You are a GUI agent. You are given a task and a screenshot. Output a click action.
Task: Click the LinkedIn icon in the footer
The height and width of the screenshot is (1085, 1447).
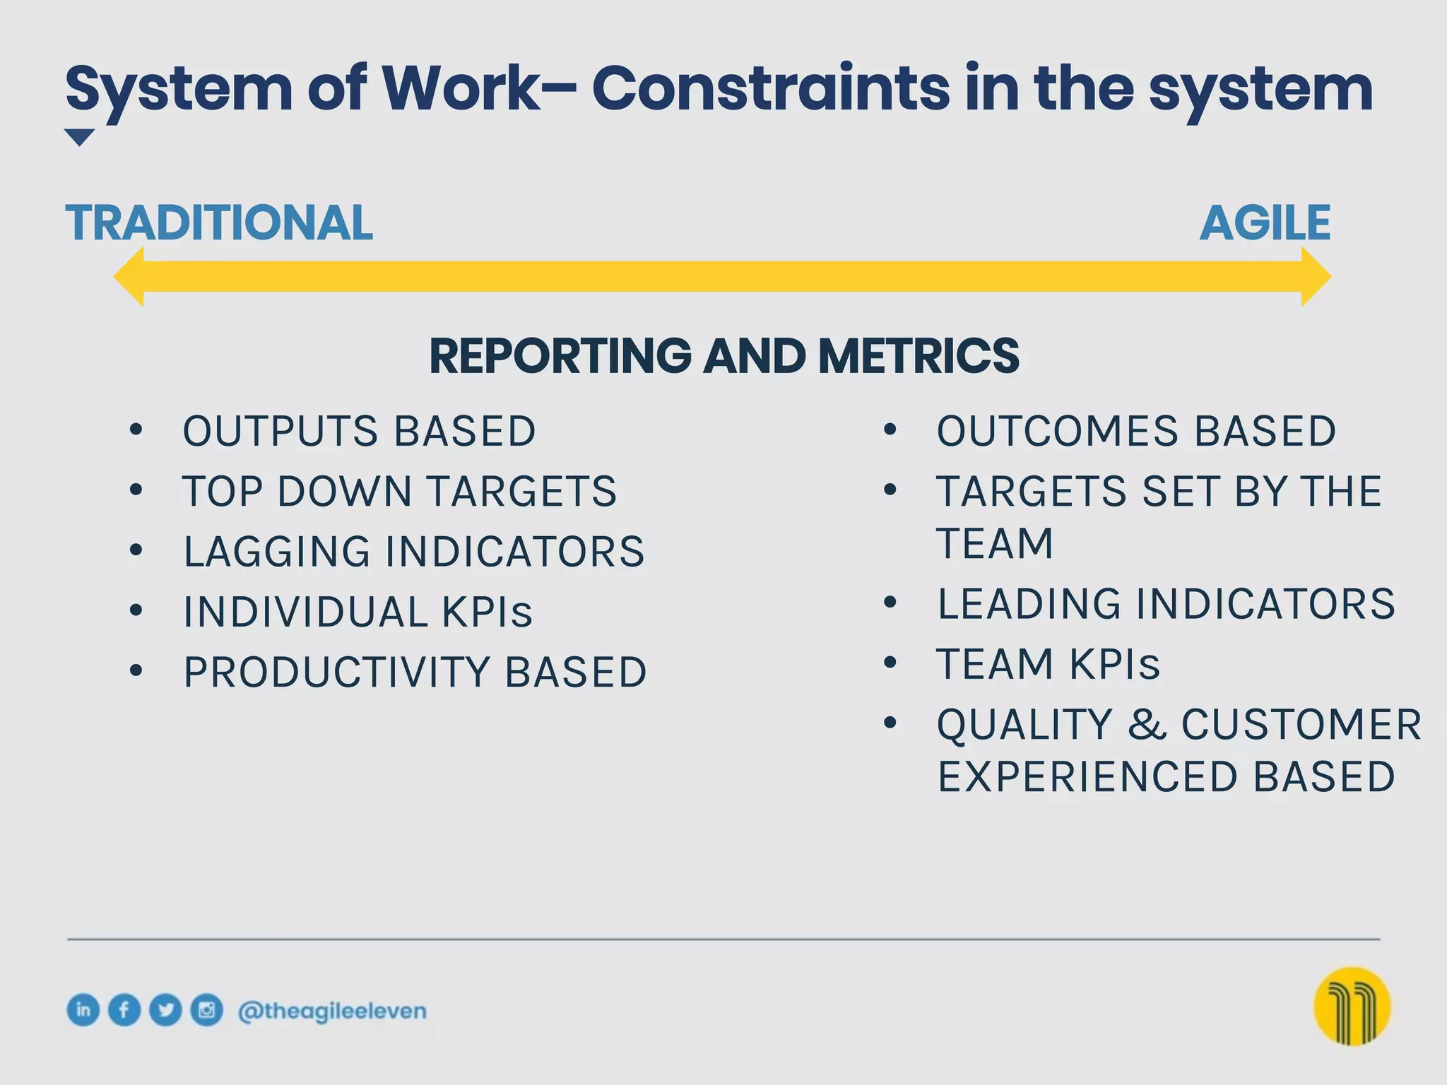coord(83,1009)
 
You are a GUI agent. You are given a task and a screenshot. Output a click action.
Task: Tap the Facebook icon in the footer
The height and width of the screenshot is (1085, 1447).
coord(124,1009)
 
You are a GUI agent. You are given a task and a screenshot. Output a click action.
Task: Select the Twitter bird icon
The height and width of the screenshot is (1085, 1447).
coord(165,1009)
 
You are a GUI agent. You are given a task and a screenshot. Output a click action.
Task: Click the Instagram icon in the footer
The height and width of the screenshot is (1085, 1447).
coord(206,1009)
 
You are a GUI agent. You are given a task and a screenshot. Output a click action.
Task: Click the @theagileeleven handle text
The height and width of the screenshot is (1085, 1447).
coord(332,1011)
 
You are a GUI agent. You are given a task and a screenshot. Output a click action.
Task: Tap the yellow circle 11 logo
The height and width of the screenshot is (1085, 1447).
coord(1352,1006)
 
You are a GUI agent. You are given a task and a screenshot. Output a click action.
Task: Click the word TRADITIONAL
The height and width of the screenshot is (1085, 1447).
coord(219,223)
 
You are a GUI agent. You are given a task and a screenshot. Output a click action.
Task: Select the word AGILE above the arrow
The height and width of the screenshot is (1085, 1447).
coord(1265,223)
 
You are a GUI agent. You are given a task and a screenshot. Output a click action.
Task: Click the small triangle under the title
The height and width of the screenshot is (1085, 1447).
coord(79,136)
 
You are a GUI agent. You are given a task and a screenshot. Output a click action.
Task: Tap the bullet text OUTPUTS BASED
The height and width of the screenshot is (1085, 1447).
coord(359,431)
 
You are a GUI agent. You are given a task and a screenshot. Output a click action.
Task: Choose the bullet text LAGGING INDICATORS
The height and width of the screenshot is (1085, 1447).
coord(413,552)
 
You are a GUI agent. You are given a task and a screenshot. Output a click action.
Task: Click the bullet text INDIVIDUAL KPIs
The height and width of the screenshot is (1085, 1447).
coord(358,612)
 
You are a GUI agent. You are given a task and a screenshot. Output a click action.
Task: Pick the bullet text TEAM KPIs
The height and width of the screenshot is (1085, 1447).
coord(1048,664)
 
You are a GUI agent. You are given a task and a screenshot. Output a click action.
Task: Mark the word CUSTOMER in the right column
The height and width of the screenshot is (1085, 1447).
coord(1301,725)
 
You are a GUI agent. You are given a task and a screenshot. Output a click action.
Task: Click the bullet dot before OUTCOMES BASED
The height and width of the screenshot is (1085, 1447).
coord(890,429)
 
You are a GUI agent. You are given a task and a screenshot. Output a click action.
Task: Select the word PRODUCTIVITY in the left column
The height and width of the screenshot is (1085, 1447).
coord(336,672)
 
